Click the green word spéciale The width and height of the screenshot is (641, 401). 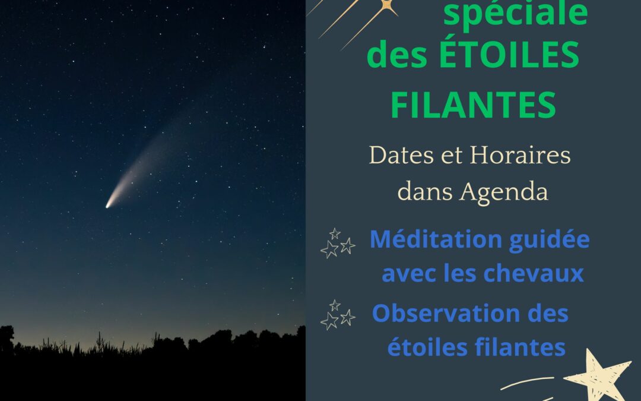coord(515,14)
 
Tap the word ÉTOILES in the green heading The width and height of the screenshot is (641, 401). coord(509,55)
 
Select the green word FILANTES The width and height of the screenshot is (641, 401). coord(474,105)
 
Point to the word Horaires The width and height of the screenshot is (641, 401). coord(520,156)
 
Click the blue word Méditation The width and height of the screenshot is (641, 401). coord(436,239)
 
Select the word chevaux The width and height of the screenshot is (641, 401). coord(534,273)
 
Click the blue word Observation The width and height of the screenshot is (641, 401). coord(446,314)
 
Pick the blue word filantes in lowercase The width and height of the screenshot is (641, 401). coord(520,347)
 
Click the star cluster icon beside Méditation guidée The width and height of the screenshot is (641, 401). coord(338,244)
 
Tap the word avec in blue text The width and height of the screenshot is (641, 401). coord(409,274)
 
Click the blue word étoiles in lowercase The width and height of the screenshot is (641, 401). coord(427,347)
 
